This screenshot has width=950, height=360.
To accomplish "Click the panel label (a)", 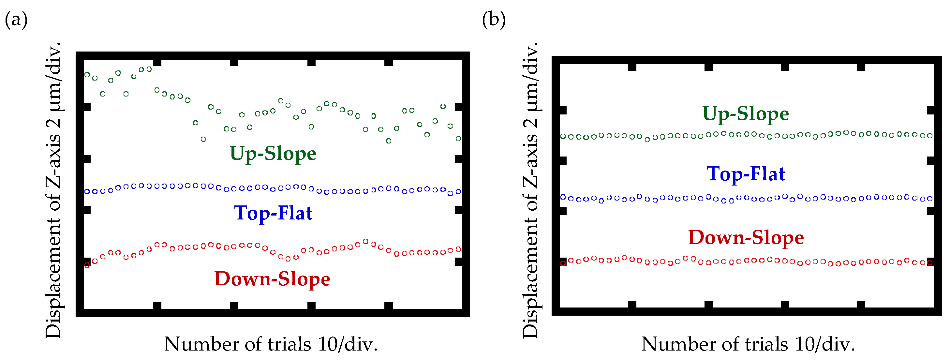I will point(16,19).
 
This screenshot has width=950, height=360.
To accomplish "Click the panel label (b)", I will point(494,19).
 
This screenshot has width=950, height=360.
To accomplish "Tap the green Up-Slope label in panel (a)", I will point(273,154).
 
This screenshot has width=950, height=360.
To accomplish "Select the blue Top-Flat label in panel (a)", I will point(273,213).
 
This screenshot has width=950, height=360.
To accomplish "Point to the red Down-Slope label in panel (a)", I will point(272,279).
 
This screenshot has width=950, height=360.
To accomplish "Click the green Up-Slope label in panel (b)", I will point(745,113).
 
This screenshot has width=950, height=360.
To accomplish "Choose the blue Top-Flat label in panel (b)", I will point(746,174).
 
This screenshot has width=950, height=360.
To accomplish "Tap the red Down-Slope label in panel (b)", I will point(746,237).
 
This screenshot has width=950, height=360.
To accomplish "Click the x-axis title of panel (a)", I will point(271,344).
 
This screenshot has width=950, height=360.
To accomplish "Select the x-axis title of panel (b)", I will point(748,344).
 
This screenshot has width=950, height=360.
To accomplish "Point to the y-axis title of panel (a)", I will point(53,190).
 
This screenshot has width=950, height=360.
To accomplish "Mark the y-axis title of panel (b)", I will point(530,190).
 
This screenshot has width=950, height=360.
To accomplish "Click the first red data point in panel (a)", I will point(87,265).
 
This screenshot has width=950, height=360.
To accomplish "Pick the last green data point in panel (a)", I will point(458,139).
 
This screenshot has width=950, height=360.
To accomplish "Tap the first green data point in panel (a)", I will point(87,74).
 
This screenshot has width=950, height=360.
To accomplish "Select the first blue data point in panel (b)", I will point(563,197).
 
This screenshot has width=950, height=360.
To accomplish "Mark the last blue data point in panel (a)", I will point(458,191).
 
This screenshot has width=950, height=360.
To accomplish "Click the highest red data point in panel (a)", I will point(365,241).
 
